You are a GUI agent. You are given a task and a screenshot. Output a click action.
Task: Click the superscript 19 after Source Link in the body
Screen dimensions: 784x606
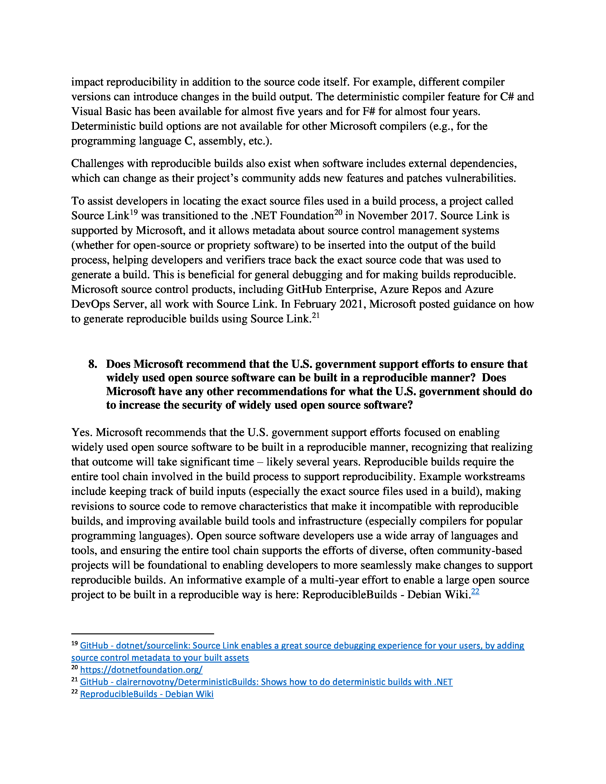(x=134, y=213)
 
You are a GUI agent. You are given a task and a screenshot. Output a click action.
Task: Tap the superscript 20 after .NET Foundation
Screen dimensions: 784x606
(x=338, y=213)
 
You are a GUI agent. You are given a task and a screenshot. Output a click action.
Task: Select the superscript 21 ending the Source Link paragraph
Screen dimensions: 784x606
(x=316, y=316)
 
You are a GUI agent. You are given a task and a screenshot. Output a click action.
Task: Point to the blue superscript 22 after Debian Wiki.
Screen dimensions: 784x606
(x=475, y=592)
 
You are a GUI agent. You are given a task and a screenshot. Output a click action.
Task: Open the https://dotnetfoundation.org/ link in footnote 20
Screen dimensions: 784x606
(x=141, y=670)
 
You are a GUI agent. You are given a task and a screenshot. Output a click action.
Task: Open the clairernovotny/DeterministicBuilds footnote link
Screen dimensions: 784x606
(x=266, y=682)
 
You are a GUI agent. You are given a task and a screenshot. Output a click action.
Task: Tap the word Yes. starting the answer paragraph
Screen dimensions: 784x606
(x=82, y=433)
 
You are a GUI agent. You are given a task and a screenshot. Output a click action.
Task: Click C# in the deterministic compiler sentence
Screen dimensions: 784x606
(x=507, y=97)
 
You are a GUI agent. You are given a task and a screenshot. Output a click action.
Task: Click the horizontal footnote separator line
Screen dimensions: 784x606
(x=143, y=634)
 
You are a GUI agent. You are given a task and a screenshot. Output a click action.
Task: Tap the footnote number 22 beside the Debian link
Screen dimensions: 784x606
(x=74, y=692)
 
